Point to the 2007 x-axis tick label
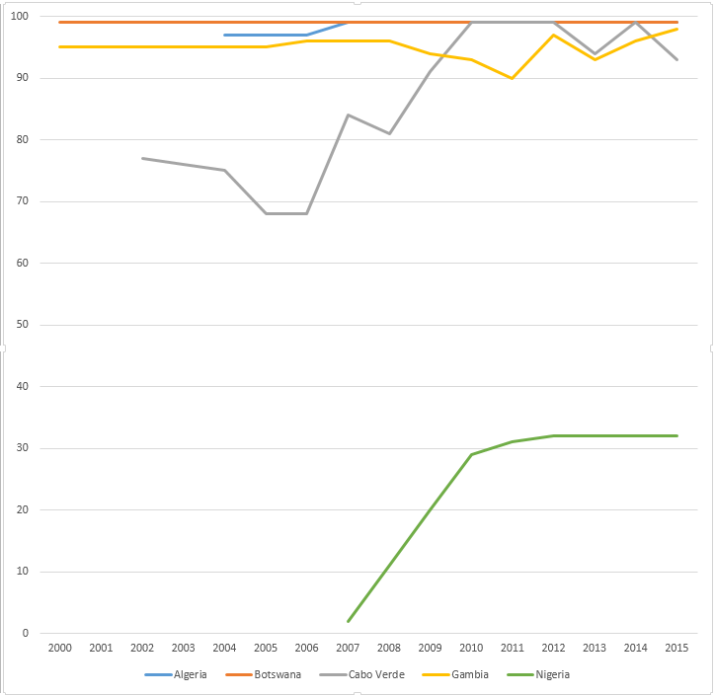pos(348,648)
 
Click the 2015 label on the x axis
pos(677,648)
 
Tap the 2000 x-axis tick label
pos(59,648)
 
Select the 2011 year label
pos(513,648)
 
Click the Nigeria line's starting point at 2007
pos(348,621)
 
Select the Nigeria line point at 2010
pos(471,454)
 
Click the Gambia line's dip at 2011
pos(513,78)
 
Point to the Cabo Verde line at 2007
pos(348,115)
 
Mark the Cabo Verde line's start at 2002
pos(141,158)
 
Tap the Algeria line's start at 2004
pos(224,35)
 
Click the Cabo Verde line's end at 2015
pos(677,59)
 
